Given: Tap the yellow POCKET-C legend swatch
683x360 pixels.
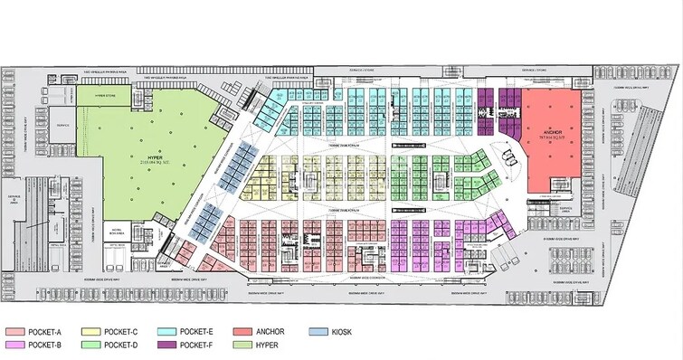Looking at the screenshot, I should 100,332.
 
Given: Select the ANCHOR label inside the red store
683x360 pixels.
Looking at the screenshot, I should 554,131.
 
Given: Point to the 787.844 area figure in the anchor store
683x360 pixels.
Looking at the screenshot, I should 554,138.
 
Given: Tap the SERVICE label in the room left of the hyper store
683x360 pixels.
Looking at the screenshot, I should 64,126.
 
